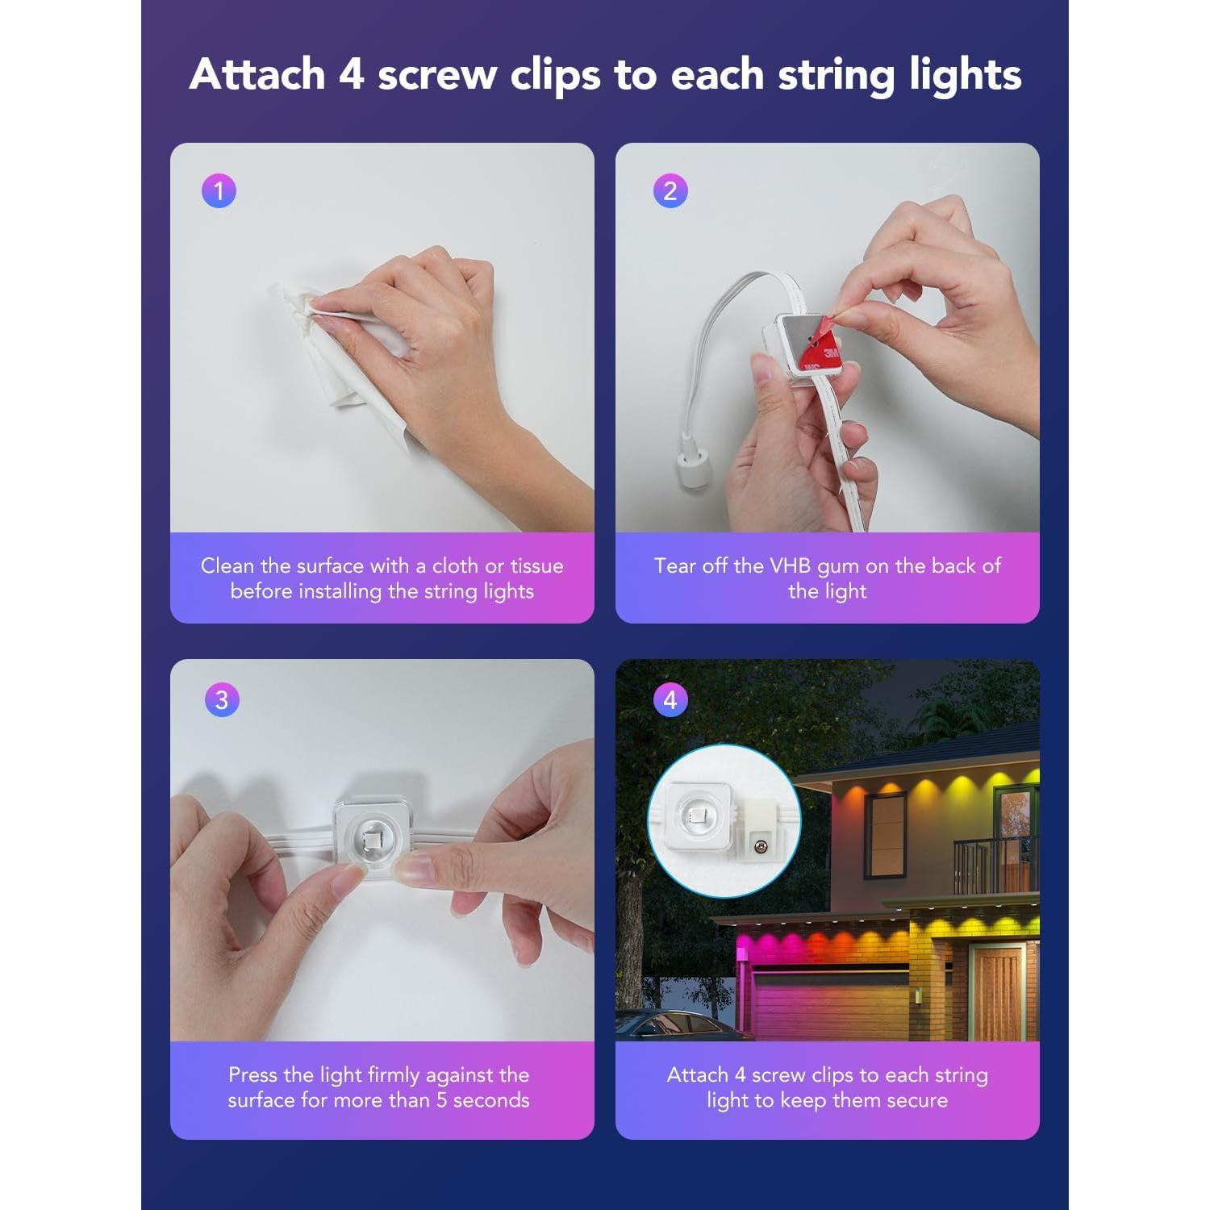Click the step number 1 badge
[219, 191]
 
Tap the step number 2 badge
[670, 191]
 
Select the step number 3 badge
[222, 699]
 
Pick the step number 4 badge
[670, 699]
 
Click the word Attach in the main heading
[257, 74]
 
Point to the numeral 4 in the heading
[351, 74]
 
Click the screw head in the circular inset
[759, 846]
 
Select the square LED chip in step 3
[374, 842]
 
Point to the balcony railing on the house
[996, 865]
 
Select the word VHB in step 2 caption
[789, 565]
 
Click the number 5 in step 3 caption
[441, 1099]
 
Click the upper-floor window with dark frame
[885, 835]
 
